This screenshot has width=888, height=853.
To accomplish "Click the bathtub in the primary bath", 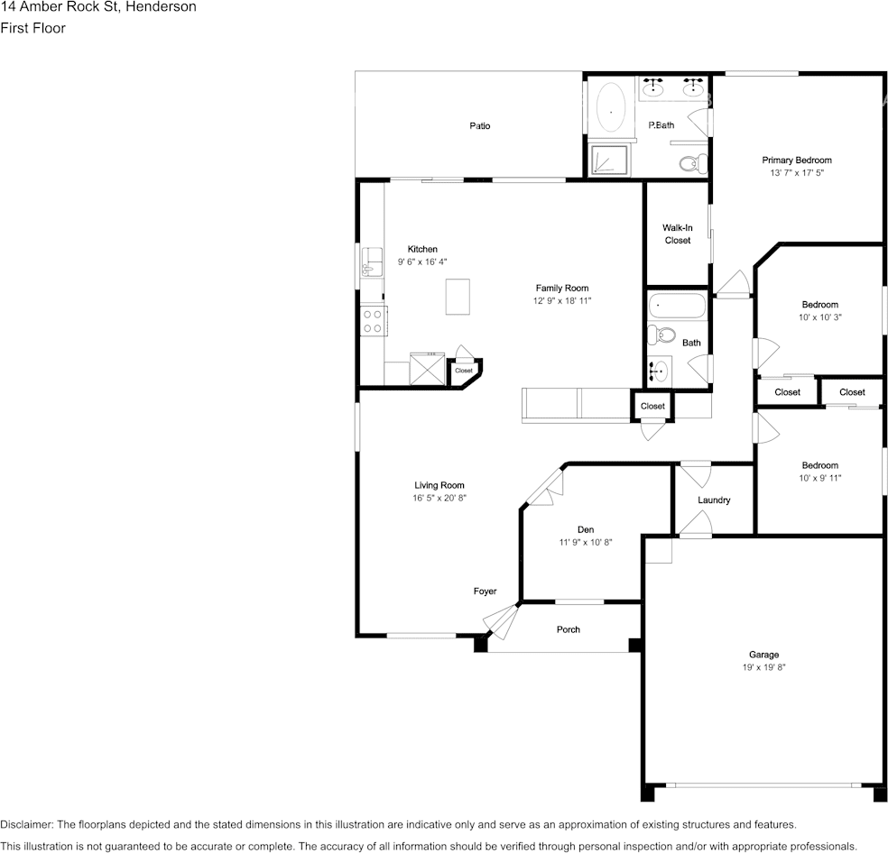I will (x=612, y=112).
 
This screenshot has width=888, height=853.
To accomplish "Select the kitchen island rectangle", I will (x=458, y=297).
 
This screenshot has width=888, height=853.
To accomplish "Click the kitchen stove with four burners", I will (x=372, y=321).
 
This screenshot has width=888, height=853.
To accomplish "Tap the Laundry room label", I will (x=714, y=500).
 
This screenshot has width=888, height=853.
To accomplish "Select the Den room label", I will (x=586, y=529).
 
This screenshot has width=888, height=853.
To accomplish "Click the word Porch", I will (x=569, y=629).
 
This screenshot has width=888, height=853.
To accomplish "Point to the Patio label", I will (x=479, y=126).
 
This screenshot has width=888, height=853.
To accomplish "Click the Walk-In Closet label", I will (x=677, y=234).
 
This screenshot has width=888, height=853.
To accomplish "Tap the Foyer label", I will (x=485, y=592).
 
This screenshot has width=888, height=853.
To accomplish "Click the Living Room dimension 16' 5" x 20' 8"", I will (x=439, y=498).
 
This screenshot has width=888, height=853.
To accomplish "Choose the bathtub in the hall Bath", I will (x=677, y=306).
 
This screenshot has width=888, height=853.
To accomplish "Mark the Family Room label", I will (x=561, y=289).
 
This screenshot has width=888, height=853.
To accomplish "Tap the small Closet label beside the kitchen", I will (x=464, y=371).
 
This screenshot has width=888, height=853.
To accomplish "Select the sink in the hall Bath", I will (x=660, y=370).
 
